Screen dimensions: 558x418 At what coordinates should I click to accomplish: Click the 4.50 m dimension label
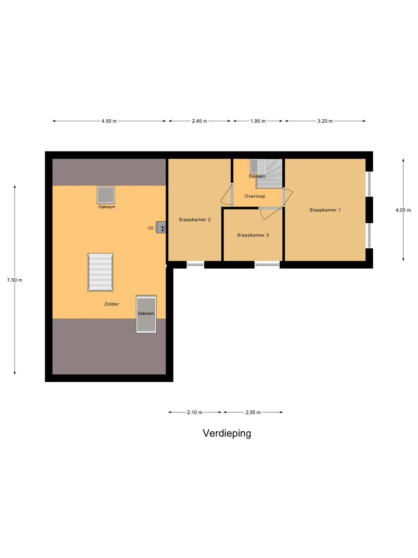click(109, 121)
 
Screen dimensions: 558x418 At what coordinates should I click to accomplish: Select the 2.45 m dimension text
click(199, 121)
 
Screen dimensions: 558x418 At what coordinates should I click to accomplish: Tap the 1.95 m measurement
click(258, 121)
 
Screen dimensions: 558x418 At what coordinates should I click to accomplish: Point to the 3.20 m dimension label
click(325, 121)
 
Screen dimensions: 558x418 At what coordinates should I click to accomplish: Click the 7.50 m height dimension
click(15, 280)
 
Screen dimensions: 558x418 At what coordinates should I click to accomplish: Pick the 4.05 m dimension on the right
click(403, 210)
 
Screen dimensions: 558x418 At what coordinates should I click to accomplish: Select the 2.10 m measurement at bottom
click(195, 412)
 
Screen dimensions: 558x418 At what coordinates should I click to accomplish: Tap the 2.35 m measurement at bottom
click(253, 412)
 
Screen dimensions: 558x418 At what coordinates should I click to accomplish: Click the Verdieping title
click(227, 433)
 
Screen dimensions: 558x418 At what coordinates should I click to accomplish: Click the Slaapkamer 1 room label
click(325, 210)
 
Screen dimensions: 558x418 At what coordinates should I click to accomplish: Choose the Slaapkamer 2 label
click(195, 220)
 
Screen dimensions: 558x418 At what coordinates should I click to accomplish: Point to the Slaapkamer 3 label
click(253, 235)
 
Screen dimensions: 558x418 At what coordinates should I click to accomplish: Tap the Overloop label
click(255, 196)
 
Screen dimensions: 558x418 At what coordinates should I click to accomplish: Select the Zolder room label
click(111, 304)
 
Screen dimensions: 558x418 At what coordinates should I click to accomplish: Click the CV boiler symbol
click(161, 227)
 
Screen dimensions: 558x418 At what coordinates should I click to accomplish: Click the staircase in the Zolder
click(100, 272)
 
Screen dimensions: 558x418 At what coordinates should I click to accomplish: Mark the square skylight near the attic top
click(106, 195)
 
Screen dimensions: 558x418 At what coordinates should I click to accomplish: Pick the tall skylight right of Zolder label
click(146, 314)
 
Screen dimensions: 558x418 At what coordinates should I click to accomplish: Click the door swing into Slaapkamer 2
click(226, 195)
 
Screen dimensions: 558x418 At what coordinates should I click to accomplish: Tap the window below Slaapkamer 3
click(267, 265)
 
